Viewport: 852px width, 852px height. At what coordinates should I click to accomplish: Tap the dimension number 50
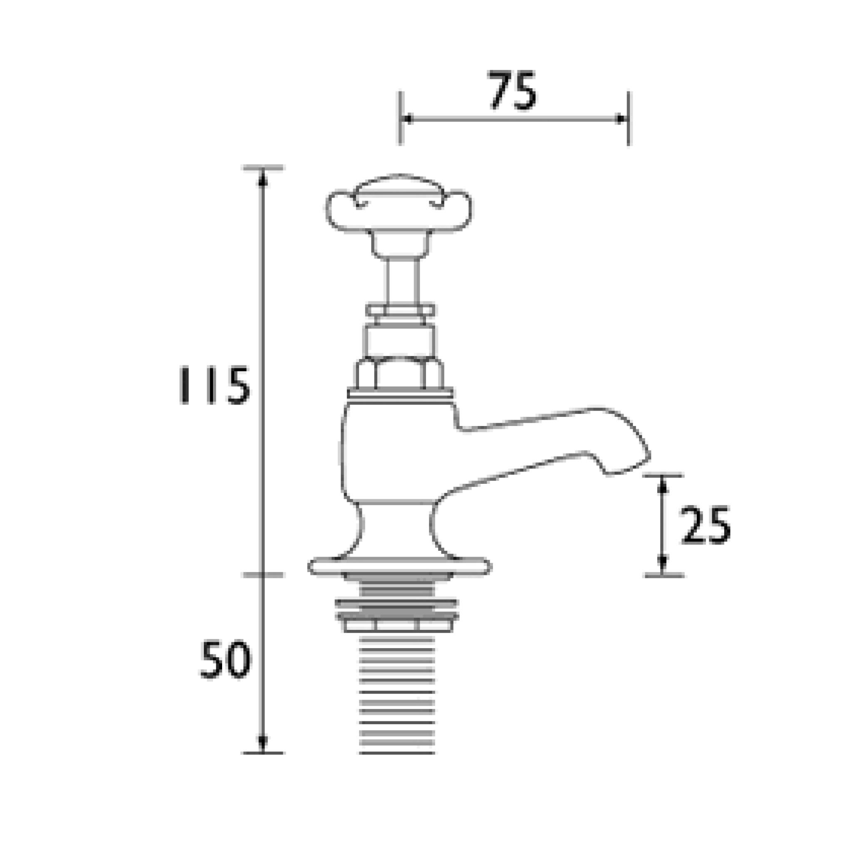[225, 660]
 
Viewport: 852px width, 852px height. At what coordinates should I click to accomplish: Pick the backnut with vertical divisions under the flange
[397, 625]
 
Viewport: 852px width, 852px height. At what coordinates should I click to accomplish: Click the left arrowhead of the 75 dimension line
[407, 119]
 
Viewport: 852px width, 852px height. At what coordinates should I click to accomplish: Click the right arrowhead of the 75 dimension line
[620, 119]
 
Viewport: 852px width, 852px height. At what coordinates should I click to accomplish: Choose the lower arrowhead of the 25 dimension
[662, 562]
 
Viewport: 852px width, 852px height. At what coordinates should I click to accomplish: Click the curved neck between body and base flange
[397, 529]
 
